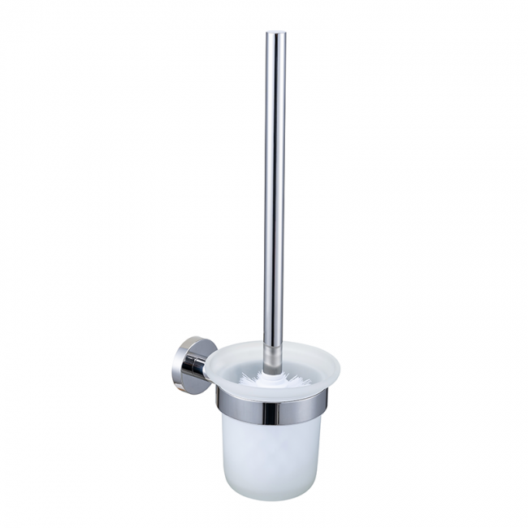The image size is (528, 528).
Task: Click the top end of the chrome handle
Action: pyautogui.click(x=275, y=34)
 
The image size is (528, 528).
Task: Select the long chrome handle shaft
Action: pyautogui.click(x=275, y=187)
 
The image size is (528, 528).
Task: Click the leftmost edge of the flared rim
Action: pyautogui.click(x=204, y=366)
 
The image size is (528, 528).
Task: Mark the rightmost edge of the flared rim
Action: pyautogui.click(x=340, y=366)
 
